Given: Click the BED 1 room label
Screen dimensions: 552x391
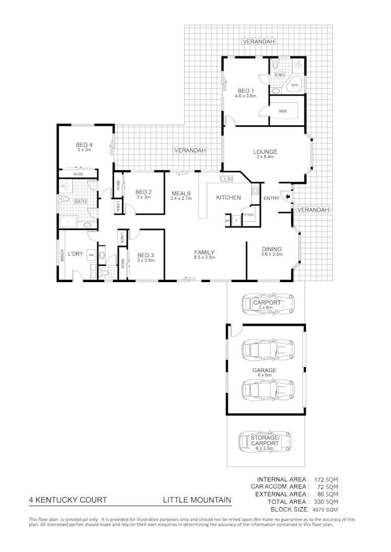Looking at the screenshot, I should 245,90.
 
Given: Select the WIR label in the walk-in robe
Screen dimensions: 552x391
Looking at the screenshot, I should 283,111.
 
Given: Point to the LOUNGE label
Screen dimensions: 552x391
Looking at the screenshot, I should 265,152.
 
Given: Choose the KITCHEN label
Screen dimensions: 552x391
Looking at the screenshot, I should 228,198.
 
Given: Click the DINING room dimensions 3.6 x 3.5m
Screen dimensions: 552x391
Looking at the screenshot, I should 271,254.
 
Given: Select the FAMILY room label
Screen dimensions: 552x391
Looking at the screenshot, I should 204,252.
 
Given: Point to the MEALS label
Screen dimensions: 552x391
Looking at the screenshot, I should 181,193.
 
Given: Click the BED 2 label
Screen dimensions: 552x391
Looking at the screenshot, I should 144,192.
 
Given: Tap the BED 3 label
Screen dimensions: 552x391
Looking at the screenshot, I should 145,255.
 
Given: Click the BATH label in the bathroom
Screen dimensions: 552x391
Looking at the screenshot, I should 80,201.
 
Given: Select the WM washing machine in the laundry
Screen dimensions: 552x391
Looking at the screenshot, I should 91,254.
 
